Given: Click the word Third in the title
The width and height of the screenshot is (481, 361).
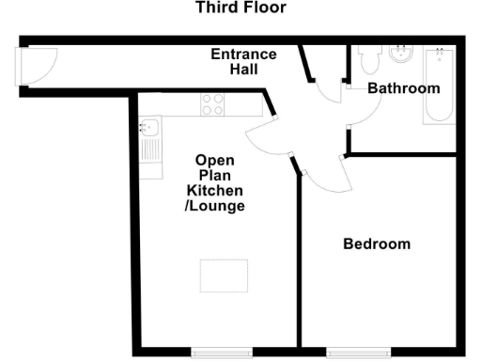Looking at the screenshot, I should click(x=214, y=8).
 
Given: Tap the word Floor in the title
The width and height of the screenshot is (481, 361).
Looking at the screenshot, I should click(x=266, y=8).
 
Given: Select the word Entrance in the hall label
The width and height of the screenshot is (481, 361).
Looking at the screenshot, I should click(x=243, y=55).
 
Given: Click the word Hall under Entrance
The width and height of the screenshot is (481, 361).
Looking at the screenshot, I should click(x=243, y=70).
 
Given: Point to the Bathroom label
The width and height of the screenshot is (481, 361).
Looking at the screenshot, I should click(x=403, y=88).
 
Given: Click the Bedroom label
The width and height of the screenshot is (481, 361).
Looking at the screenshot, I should click(x=377, y=243).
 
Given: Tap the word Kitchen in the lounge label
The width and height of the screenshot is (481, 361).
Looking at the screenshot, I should click(x=214, y=190).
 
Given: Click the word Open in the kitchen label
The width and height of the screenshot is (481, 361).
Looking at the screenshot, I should click(x=214, y=160).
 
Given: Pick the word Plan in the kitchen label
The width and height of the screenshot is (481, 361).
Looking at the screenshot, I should click(x=214, y=175).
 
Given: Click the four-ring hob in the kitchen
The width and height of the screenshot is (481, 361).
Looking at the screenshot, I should click(x=212, y=105).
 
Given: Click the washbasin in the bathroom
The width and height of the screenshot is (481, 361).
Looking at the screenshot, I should click(x=401, y=55).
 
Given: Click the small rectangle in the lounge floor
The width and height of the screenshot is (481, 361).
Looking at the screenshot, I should click(x=219, y=275).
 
